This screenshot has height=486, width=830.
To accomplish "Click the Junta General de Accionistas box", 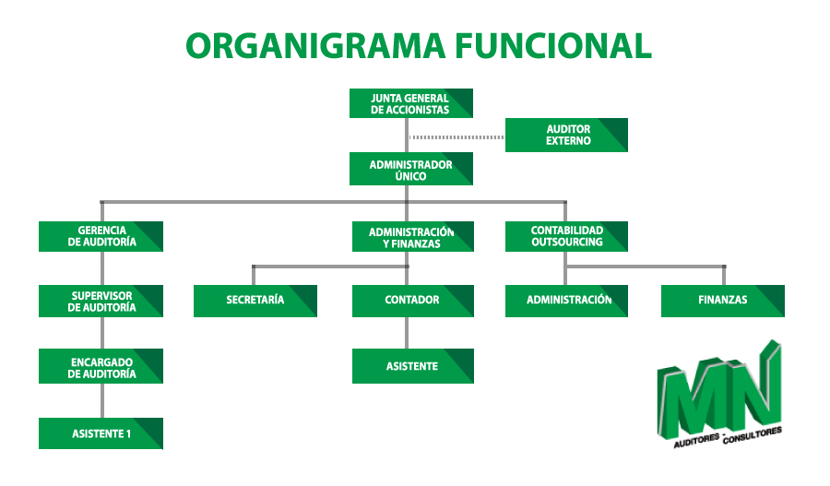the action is tap(410, 103).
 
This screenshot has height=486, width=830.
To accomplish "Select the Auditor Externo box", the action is tap(566, 135).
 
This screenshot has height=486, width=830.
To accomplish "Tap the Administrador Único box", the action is tap(410, 169).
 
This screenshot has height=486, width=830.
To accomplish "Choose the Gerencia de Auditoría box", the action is tap(101, 236).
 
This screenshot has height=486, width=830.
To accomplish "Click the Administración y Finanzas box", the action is tap(413, 236).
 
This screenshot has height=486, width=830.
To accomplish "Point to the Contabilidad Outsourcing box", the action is tap(566, 236).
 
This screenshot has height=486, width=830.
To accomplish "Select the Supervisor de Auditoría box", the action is tap(101, 301).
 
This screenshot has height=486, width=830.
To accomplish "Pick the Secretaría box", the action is tap(255, 301).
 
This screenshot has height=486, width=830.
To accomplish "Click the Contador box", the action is tap(413, 301).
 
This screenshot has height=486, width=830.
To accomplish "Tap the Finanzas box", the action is tap(722, 301).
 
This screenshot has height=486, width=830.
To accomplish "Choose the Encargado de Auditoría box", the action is tap(101, 366).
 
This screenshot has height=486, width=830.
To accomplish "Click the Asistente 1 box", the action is tap(101, 433).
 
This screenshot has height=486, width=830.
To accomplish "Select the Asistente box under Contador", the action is tap(413, 366).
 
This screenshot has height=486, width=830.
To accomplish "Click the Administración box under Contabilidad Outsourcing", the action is tap(566, 301).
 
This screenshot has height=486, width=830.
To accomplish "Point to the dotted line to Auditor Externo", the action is tap(456, 137).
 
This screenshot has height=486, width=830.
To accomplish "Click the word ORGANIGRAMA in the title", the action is tap(315, 45).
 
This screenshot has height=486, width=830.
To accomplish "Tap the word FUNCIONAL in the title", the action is tap(553, 45).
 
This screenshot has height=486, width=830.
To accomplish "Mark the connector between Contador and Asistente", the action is tap(407, 333).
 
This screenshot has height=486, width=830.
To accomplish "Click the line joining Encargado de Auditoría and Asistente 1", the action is tap(102, 401).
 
